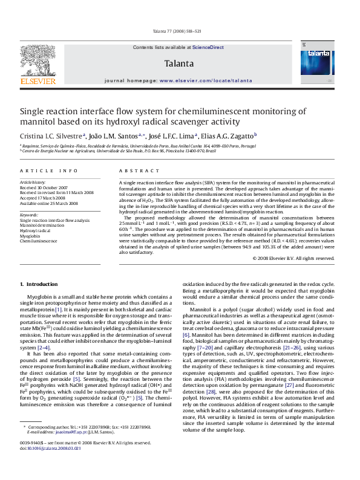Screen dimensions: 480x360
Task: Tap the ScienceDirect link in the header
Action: tap(208, 47)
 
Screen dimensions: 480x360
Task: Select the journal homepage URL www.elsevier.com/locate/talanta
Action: tap(209, 80)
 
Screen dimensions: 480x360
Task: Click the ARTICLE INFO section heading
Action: tap(49, 171)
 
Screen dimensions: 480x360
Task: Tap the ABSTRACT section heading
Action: tap(134, 171)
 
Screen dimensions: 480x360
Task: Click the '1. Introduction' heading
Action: tap(39, 284)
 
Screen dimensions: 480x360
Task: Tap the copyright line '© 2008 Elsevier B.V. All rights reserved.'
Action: tap(293, 258)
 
